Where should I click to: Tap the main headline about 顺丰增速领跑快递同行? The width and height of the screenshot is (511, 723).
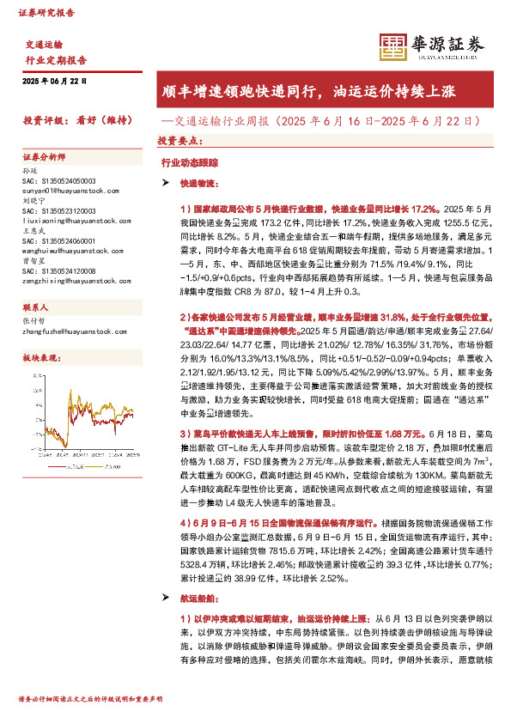(x=317, y=91)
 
